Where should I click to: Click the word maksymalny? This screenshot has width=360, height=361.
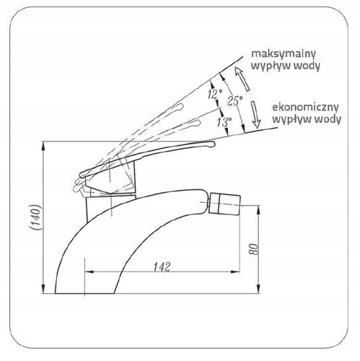tap(283, 54)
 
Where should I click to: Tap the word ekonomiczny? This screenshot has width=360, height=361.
tap(305, 107)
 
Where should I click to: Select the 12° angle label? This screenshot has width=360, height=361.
tap(215, 94)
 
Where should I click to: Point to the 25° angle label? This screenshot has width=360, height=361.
tap(234, 100)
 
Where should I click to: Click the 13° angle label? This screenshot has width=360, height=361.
tap(224, 122)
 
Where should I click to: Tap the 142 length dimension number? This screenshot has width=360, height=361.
tap(162, 266)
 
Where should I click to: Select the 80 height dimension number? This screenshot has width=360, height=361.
tap(253, 249)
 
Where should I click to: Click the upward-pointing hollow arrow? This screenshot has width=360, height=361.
tap(242, 79)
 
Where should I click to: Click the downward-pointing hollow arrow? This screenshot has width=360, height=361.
tap(255, 115)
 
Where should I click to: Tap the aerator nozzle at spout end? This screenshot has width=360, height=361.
tap(224, 203)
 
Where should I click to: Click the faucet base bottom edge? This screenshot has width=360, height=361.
tap(84, 293)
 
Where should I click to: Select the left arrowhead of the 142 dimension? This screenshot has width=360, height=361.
tap(89, 272)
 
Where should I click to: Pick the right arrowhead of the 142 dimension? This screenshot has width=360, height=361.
tap(235, 272)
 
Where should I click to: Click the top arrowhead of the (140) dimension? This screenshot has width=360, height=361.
tap(43, 146)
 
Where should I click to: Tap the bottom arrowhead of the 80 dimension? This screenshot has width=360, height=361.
tap(258, 289)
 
